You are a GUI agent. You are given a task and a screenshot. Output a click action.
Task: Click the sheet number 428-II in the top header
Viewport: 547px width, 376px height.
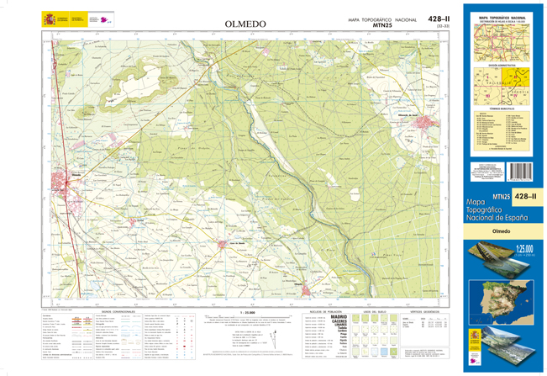coord(439,19)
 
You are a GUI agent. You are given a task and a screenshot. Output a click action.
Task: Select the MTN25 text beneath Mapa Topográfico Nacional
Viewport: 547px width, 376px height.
coord(383,25)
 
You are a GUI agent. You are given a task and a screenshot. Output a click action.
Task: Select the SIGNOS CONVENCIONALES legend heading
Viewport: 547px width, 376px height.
coord(118,311)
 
